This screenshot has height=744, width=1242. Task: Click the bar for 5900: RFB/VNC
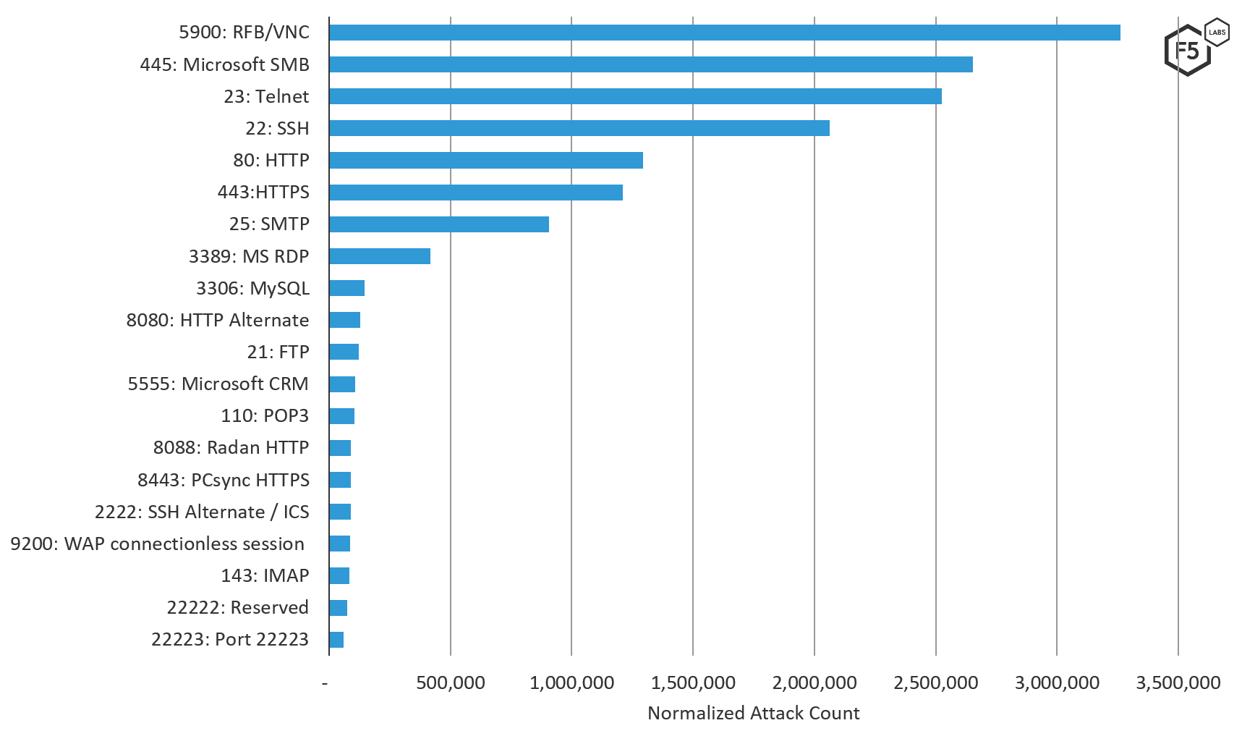pyautogui.click(x=724, y=33)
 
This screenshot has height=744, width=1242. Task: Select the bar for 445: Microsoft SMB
pyautogui.click(x=650, y=64)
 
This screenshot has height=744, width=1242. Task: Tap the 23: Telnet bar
pyautogui.click(x=635, y=96)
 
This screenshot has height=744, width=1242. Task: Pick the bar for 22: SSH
pyautogui.click(x=579, y=128)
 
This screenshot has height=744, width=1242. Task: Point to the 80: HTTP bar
pyautogui.click(x=485, y=160)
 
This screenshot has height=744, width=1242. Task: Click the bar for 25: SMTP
pyautogui.click(x=438, y=224)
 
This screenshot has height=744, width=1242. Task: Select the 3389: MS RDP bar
pyautogui.click(x=379, y=256)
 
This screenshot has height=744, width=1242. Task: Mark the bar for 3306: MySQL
pyautogui.click(x=346, y=288)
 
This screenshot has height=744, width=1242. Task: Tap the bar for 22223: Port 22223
pyautogui.click(x=336, y=640)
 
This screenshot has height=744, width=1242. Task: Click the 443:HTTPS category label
pyautogui.click(x=263, y=192)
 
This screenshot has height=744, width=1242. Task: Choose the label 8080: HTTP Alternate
pyautogui.click(x=217, y=320)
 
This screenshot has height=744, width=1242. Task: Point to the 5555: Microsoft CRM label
pyautogui.click(x=218, y=384)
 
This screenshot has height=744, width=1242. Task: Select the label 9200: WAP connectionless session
pyautogui.click(x=157, y=544)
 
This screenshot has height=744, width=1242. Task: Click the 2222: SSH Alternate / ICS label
pyautogui.click(x=202, y=512)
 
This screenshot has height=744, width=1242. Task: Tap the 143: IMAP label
pyautogui.click(x=265, y=575)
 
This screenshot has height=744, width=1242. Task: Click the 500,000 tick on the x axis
pyautogui.click(x=450, y=682)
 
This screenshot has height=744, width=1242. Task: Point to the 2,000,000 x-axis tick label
pyautogui.click(x=814, y=682)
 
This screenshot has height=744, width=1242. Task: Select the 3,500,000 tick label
pyautogui.click(x=1178, y=682)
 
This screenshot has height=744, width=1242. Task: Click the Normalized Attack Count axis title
pyautogui.click(x=754, y=714)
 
